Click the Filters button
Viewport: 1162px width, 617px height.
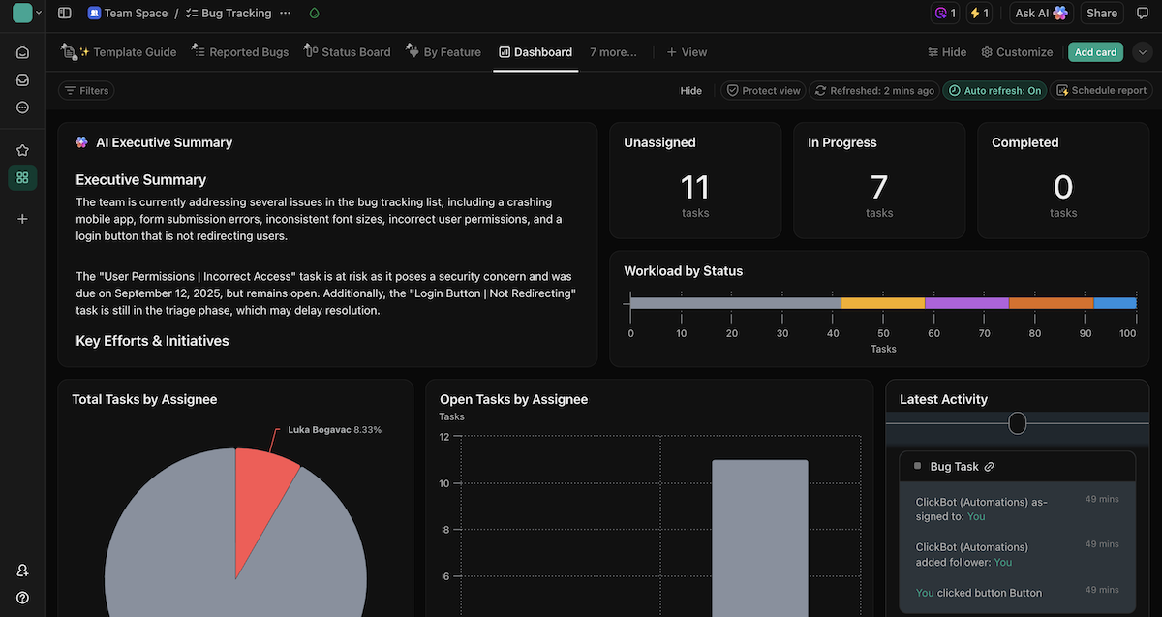click(86, 90)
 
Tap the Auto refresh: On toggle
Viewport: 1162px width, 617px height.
click(994, 90)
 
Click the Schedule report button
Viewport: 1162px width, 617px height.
click(1101, 90)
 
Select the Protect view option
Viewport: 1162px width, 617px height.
click(763, 90)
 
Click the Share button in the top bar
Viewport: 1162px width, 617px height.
click(1102, 14)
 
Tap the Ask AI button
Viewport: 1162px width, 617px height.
click(1041, 14)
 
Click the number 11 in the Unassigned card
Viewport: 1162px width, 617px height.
click(694, 186)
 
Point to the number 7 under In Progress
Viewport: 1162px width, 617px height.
click(878, 186)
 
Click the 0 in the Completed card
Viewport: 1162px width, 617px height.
click(1062, 186)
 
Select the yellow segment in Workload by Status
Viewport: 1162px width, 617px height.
click(882, 303)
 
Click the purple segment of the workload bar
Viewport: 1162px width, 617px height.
click(966, 303)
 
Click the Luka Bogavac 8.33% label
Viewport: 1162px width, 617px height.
click(334, 429)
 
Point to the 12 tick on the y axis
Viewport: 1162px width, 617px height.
click(444, 437)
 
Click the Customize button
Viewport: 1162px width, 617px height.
click(1017, 52)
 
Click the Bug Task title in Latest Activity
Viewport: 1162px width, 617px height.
click(954, 467)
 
